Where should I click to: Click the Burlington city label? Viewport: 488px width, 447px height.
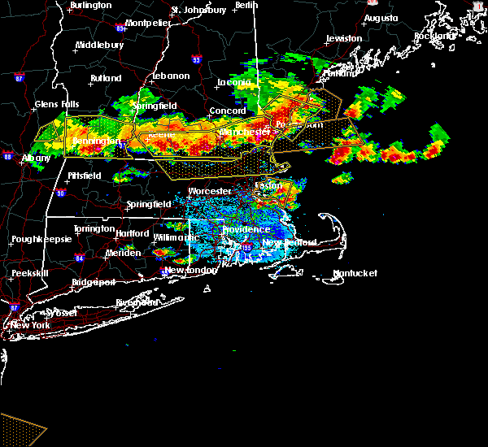90,6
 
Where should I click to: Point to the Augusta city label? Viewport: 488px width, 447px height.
381,18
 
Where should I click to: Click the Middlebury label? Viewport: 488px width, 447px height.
98,46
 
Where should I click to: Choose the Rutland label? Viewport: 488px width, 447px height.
106,79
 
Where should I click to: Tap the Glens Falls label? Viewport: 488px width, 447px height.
57,104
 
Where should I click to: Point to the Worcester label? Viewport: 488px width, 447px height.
210,192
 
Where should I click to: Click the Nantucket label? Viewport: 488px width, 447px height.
355,274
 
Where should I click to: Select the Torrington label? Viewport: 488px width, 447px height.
93,229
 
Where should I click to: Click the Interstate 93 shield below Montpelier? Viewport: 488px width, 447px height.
195,59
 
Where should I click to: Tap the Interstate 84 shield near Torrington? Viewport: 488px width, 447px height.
79,258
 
